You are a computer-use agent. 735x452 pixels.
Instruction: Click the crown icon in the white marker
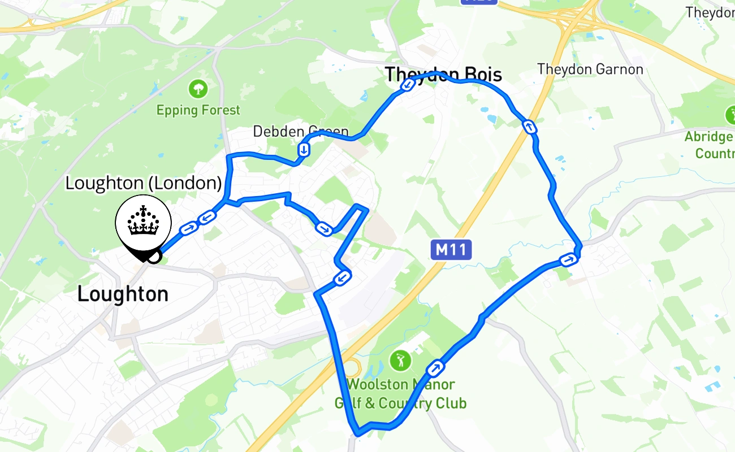(143, 221)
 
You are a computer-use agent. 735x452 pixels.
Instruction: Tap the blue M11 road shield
(451, 249)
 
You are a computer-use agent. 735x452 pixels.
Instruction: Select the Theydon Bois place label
(443, 74)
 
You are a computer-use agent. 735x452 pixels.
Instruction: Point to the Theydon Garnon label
(590, 69)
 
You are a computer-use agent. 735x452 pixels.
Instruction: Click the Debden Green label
(300, 132)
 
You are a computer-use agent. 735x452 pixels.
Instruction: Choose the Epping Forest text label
(198, 110)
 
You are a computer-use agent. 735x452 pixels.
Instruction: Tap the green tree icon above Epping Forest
(198, 88)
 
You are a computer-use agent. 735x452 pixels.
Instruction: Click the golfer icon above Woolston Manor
(400, 360)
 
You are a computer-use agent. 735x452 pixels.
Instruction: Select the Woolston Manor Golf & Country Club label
(400, 394)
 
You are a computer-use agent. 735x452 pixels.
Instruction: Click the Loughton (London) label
(143, 183)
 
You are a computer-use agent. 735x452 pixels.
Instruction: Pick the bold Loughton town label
(123, 294)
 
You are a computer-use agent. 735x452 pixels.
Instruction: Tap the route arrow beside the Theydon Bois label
(408, 85)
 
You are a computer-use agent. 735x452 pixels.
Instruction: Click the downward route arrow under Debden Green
(304, 150)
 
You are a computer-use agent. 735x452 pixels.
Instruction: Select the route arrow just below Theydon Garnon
(529, 127)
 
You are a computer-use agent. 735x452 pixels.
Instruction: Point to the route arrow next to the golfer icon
(435, 368)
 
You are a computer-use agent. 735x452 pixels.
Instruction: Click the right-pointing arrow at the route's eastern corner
(568, 260)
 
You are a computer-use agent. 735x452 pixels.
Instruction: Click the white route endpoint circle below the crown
(154, 257)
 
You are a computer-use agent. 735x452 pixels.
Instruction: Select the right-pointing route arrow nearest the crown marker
(188, 229)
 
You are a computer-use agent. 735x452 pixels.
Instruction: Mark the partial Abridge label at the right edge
(710, 145)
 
